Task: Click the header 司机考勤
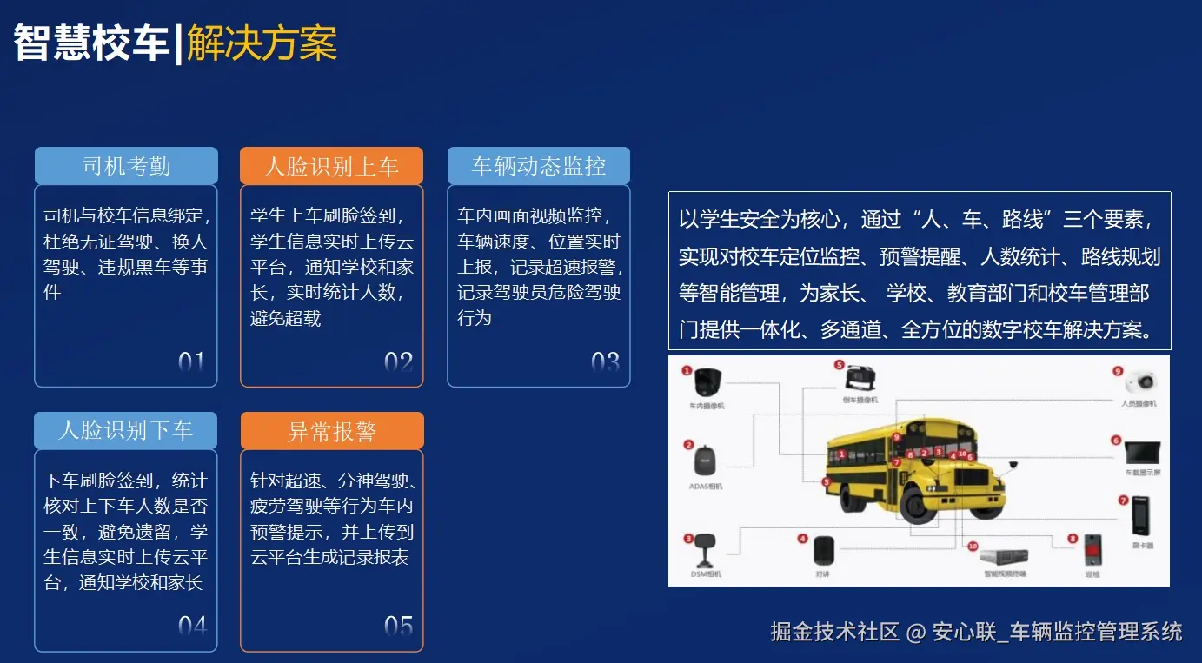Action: [126, 166]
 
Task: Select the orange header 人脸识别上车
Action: [331, 166]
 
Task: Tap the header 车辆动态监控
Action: [538, 166]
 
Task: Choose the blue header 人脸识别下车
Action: [126, 430]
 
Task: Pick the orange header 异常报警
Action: [331, 431]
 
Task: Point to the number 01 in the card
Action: [191, 362]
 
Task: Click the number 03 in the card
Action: [605, 362]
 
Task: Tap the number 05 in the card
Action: [398, 626]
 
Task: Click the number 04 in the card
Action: [192, 626]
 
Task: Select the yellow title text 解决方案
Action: [262, 43]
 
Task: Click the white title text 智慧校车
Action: [91, 43]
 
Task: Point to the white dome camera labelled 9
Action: [1140, 381]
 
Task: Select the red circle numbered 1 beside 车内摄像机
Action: [687, 370]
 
